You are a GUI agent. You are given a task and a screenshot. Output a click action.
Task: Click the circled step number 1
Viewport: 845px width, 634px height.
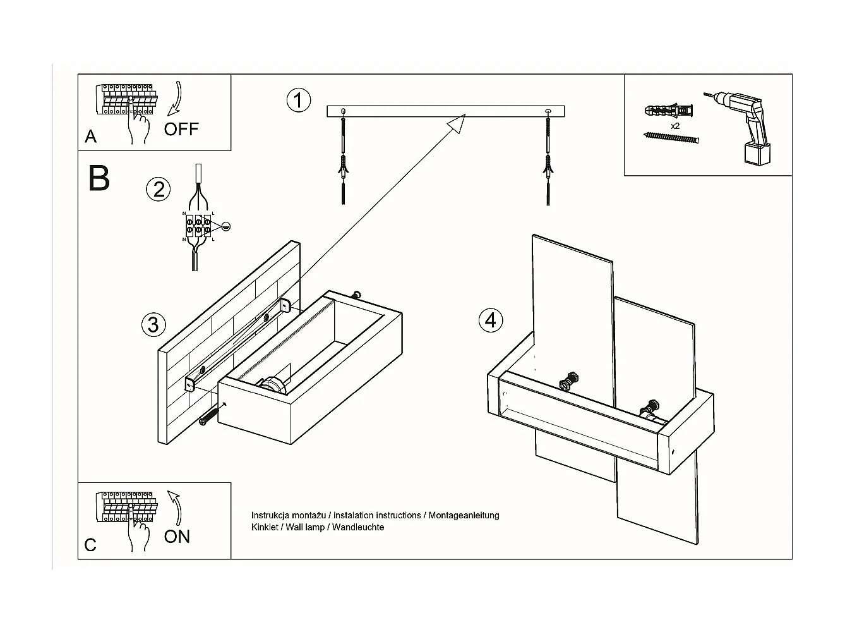click(298, 101)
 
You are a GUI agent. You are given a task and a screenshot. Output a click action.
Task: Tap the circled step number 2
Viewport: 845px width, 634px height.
click(159, 189)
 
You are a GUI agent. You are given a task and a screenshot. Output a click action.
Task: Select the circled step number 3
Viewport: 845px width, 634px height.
click(153, 325)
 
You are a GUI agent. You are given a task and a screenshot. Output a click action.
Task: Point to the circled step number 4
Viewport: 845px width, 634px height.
click(491, 320)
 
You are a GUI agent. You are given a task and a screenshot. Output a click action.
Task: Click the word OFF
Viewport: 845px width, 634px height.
click(181, 130)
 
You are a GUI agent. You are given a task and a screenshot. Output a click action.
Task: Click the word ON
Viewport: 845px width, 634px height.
click(177, 537)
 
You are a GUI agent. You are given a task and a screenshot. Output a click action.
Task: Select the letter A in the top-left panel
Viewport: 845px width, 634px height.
click(91, 137)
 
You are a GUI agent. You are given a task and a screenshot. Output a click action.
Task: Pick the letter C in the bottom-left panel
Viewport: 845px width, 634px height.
click(90, 545)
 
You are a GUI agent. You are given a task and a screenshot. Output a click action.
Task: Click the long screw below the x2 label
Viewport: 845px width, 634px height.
click(671, 138)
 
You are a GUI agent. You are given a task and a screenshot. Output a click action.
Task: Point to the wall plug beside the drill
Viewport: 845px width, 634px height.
click(669, 111)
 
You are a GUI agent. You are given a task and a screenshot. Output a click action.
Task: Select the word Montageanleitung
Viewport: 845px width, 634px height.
click(464, 515)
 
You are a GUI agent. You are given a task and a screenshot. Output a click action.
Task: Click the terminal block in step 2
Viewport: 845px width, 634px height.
click(198, 226)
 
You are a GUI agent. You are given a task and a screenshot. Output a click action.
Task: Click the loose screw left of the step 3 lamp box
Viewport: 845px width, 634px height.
click(208, 417)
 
